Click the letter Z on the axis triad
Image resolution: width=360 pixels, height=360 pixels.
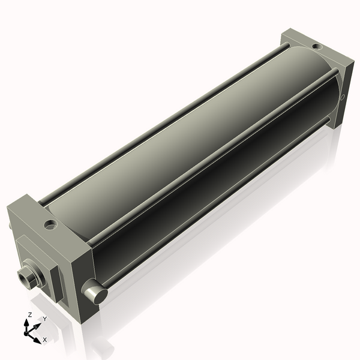click(29, 315)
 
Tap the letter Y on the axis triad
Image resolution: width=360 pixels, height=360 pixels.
click(45, 319)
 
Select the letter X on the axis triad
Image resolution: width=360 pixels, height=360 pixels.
click(45, 340)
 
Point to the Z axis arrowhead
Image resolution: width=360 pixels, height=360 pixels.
click(26, 323)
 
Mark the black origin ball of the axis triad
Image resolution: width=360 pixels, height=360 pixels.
click(26, 334)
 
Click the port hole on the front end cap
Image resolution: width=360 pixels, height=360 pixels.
click(51, 224)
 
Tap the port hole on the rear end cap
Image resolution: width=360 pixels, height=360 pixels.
click(317, 47)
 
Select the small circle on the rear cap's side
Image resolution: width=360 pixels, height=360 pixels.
click(342, 97)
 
